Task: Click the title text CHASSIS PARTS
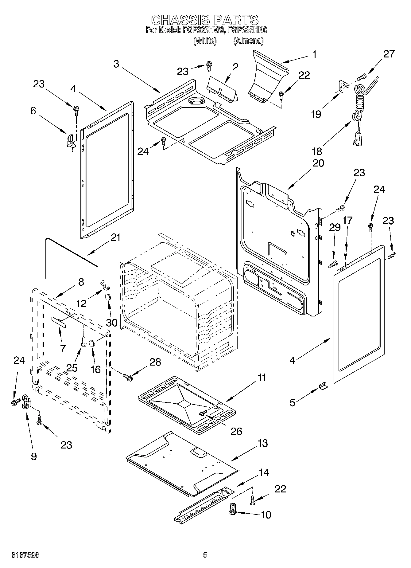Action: coord(205,20)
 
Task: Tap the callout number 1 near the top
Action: coord(314,54)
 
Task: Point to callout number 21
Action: coord(115,237)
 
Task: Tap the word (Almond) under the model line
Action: coord(248,41)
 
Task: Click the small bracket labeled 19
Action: coord(341,86)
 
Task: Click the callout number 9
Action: coord(34,456)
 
